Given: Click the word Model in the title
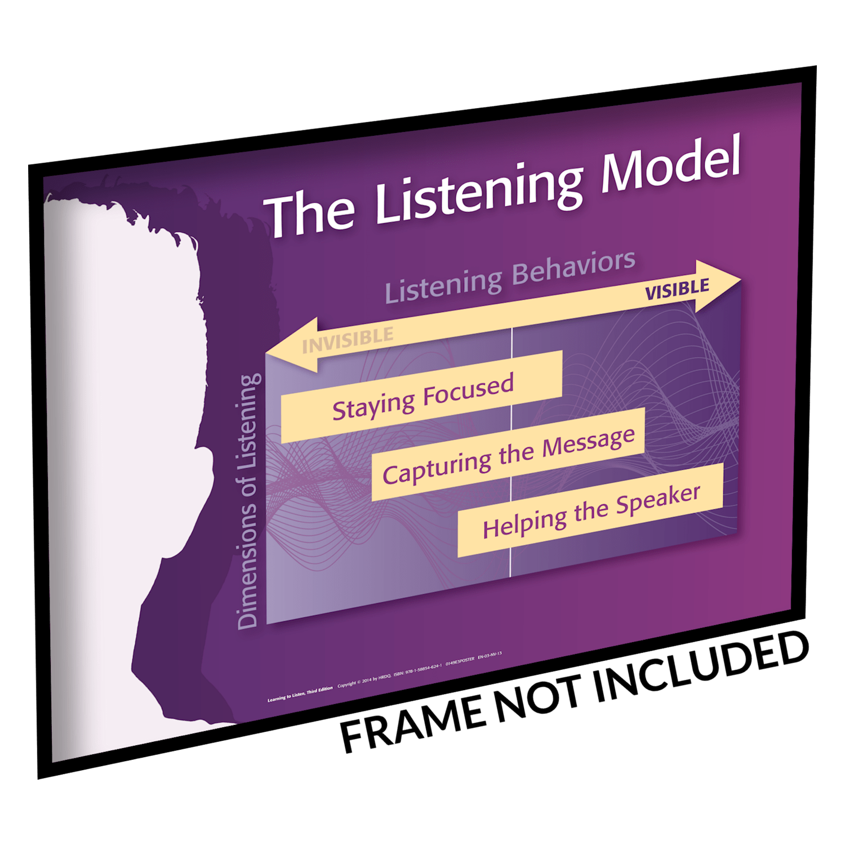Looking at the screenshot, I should coord(670,164).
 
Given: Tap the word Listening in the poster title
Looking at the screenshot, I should coord(479,194).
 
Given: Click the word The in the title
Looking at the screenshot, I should coord(310,213).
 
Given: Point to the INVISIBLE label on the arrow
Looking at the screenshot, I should coord(348,340).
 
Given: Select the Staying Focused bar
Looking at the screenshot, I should coord(422,395).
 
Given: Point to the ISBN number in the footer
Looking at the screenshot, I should coord(417,670).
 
